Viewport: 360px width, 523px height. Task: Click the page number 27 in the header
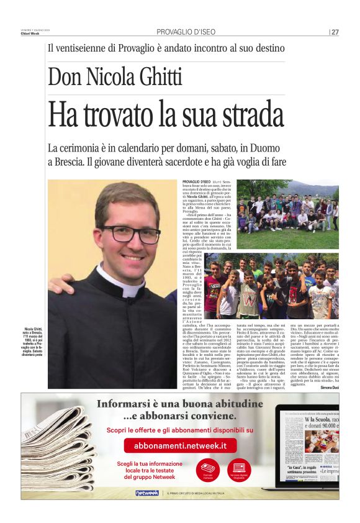[335, 32]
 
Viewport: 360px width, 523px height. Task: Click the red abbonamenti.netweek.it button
[180, 445]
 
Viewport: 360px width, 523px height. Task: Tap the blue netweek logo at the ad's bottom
[147, 493]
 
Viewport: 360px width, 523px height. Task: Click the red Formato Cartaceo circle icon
[207, 469]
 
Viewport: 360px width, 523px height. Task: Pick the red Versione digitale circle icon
[239, 469]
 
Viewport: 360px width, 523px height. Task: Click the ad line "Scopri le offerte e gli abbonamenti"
[180, 429]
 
